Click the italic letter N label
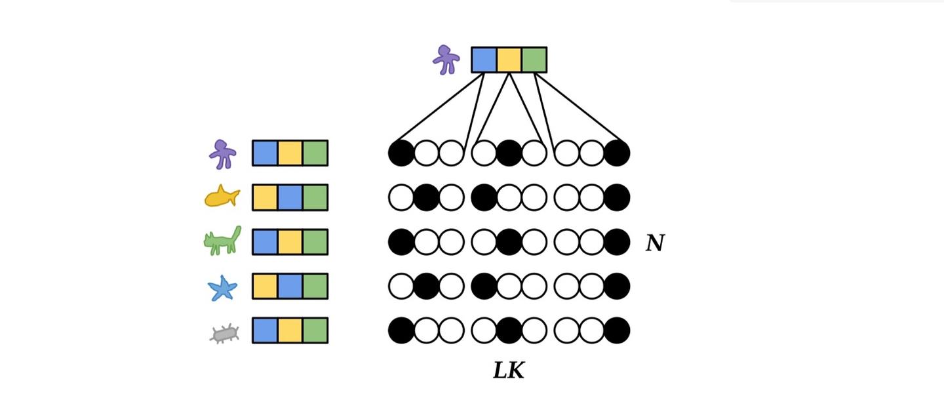[655, 243]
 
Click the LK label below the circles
[509, 370]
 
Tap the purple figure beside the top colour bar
[446, 60]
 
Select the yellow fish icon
[222, 197]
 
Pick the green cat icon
[222, 241]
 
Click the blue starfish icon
[222, 288]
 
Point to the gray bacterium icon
[225, 334]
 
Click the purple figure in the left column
[222, 155]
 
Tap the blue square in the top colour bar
[484, 60]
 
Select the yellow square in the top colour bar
[509, 60]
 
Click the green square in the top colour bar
[534, 60]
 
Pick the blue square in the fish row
[290, 197]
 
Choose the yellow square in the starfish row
[265, 287]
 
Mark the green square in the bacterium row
[315, 330]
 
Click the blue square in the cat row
[265, 242]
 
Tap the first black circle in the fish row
[427, 197]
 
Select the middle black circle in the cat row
[509, 242]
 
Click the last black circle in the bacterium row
[617, 330]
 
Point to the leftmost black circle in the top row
[401, 153]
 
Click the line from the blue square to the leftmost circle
[439, 107]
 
